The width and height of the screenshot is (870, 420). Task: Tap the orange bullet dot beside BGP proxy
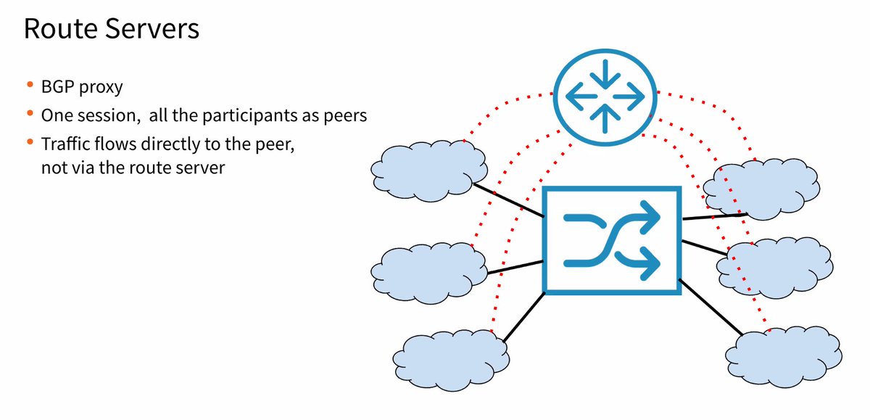[30, 86]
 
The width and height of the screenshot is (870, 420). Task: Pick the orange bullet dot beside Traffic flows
[30, 141]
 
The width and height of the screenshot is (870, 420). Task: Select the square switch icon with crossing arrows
[612, 240]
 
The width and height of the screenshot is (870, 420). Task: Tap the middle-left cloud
[431, 271]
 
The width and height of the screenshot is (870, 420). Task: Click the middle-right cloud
[774, 265]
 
